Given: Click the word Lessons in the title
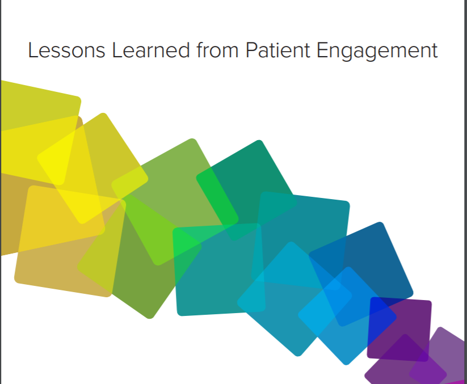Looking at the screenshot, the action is pyautogui.click(x=67, y=50).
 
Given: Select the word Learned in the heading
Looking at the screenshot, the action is pyautogui.click(x=151, y=50).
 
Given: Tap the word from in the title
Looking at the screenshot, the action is pyautogui.click(x=217, y=50).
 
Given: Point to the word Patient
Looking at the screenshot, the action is pyautogui.click(x=278, y=50).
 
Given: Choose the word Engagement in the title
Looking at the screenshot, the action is pyautogui.click(x=377, y=51).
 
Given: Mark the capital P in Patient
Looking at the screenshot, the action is pyautogui.click(x=252, y=50).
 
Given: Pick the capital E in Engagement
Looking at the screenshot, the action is pyautogui.click(x=322, y=50).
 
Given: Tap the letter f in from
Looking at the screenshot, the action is pyautogui.click(x=200, y=49).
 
